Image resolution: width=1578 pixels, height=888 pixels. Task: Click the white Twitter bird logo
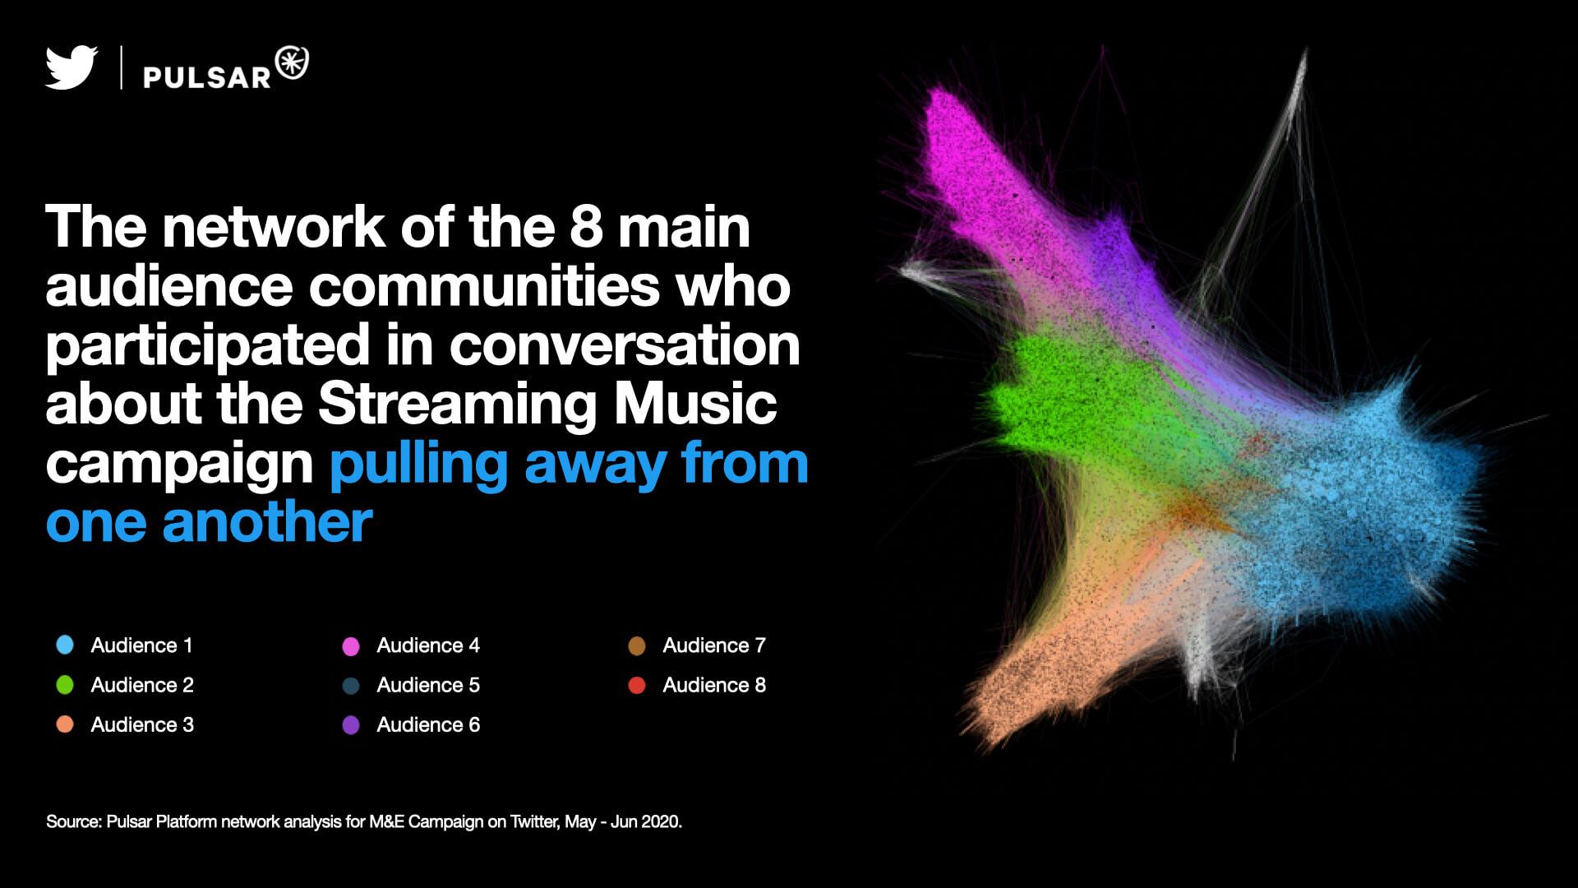pos(72,67)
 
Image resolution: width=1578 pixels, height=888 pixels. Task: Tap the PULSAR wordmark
pos(207,77)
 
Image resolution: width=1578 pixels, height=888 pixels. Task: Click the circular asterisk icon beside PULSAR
pos(292,62)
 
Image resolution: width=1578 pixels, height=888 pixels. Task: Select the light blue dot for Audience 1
pos(65,645)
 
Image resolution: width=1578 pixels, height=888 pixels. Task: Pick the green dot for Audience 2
pos(65,684)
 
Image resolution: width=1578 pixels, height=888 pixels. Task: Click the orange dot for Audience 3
pos(65,724)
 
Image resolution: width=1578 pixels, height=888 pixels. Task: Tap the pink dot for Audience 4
pos(351,645)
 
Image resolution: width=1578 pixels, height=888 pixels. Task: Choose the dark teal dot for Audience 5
pos(351,685)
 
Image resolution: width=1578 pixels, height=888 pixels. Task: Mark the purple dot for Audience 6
pos(351,724)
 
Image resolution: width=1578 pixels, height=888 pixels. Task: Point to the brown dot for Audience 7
pos(637,645)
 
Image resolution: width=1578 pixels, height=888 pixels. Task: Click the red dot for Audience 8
pos(637,685)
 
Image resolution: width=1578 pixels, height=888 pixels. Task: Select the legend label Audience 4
pos(428,645)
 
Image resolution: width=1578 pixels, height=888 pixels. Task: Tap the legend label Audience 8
pos(714,685)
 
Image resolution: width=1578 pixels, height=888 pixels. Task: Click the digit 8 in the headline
pos(587,227)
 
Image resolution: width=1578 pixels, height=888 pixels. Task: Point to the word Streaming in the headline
pos(458,405)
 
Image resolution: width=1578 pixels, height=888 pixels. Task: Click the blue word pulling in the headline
pos(419,465)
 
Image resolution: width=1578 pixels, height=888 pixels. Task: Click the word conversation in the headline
pos(625,345)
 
